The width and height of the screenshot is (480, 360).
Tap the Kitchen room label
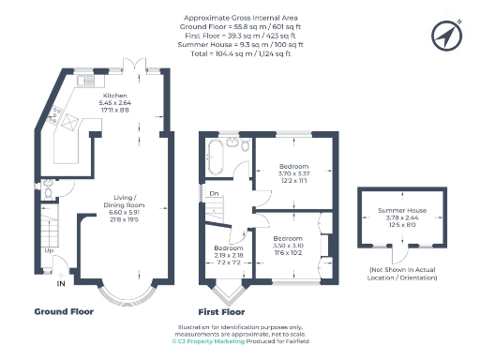point(116,96)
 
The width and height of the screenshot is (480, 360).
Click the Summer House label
point(400,212)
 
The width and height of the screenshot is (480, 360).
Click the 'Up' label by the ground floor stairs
point(48,250)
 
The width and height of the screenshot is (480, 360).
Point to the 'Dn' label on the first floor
point(214,195)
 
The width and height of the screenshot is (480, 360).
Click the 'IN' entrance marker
point(61,284)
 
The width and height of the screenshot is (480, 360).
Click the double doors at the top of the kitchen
point(137,65)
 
